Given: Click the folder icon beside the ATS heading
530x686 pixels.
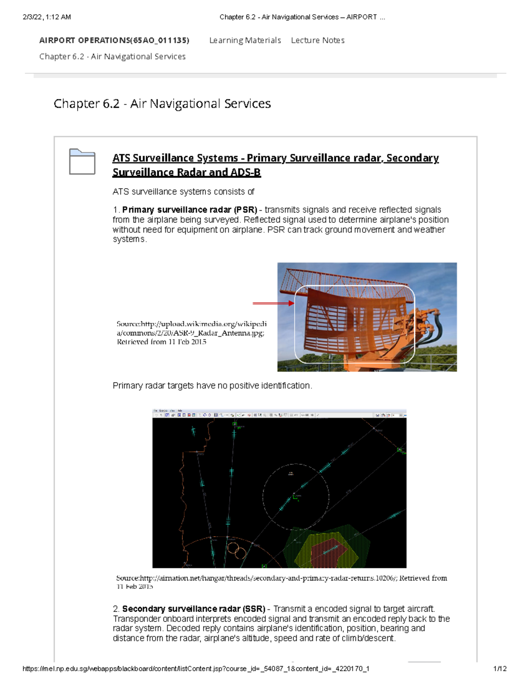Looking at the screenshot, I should pos(82,162).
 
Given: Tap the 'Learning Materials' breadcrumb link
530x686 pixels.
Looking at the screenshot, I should pos(245,40).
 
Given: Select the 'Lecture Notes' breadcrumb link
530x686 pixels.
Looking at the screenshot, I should pos(318,40).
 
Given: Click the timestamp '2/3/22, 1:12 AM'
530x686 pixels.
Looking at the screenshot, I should pos(46,17).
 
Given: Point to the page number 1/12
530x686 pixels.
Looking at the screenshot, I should pos(500,669).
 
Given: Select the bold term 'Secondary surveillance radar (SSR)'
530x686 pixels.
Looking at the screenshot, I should pos(193,609).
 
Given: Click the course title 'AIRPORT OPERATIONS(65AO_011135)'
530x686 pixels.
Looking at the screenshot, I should pos(114,40).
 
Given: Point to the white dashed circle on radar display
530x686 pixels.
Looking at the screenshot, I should pos(296,465).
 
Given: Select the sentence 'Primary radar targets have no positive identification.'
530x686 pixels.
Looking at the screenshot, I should pos(212,386).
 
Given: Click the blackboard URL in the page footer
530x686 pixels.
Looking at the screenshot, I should pos(196,669).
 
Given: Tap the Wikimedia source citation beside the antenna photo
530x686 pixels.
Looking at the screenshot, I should pos(191,333).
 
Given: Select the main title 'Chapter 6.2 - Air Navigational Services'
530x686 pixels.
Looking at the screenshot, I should pos(162,104).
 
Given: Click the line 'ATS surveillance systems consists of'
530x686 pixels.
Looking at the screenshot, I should pos(183,192).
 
